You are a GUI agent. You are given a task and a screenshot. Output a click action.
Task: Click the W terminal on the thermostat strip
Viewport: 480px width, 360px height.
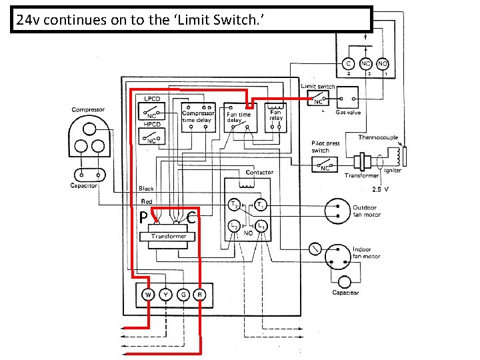148,294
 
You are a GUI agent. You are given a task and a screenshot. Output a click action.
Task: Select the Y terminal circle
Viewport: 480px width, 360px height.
165,294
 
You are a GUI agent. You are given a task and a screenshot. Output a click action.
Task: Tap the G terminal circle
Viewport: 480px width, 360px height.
182,294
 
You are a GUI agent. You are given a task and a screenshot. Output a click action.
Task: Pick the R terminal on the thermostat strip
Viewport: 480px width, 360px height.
199,294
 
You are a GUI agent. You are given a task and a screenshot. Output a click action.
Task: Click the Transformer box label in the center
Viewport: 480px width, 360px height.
169,237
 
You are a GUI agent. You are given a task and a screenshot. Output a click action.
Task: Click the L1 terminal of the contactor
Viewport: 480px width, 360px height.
262,227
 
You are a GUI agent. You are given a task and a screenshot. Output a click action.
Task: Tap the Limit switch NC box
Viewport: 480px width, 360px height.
318,100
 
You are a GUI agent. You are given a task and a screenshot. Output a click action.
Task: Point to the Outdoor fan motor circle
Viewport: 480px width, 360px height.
337,211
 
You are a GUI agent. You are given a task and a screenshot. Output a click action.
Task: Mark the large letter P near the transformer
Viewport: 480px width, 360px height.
143,217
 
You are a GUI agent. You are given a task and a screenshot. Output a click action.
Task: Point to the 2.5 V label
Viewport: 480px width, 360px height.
380,189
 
